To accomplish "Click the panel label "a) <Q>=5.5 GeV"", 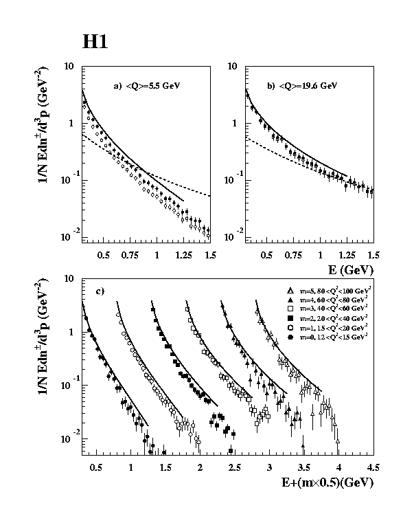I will (x=150, y=86).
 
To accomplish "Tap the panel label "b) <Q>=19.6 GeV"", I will (x=303, y=86).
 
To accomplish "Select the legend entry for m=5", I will (x=330, y=291).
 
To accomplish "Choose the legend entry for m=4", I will (x=330, y=300).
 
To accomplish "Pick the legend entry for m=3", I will (x=330, y=309).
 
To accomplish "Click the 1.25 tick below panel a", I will (x=184, y=254).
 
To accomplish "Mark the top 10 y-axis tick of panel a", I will (x=69, y=67).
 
